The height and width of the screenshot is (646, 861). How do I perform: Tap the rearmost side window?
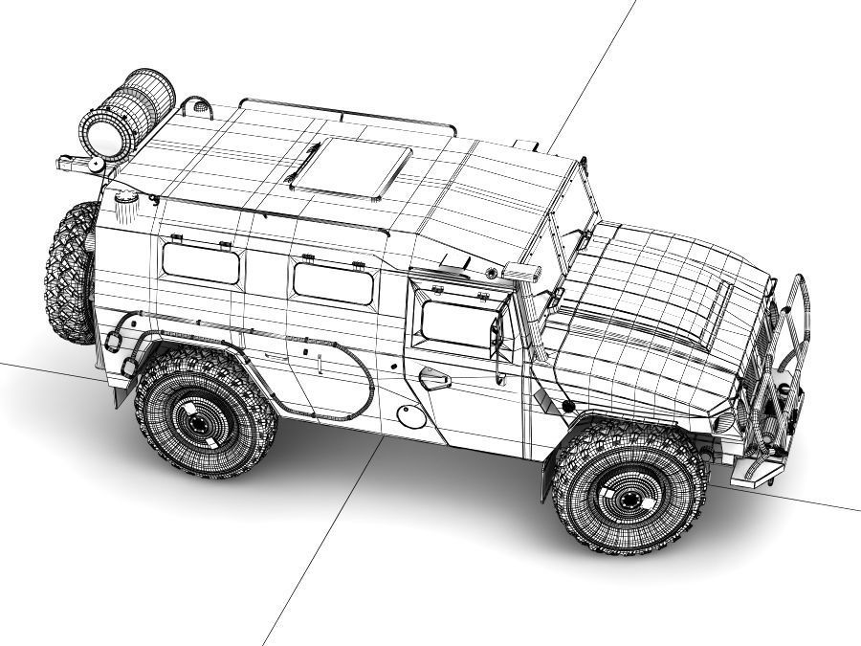201,262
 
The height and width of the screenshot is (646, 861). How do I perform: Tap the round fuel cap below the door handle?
408,414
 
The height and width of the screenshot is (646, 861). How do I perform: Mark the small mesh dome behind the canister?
196,107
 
